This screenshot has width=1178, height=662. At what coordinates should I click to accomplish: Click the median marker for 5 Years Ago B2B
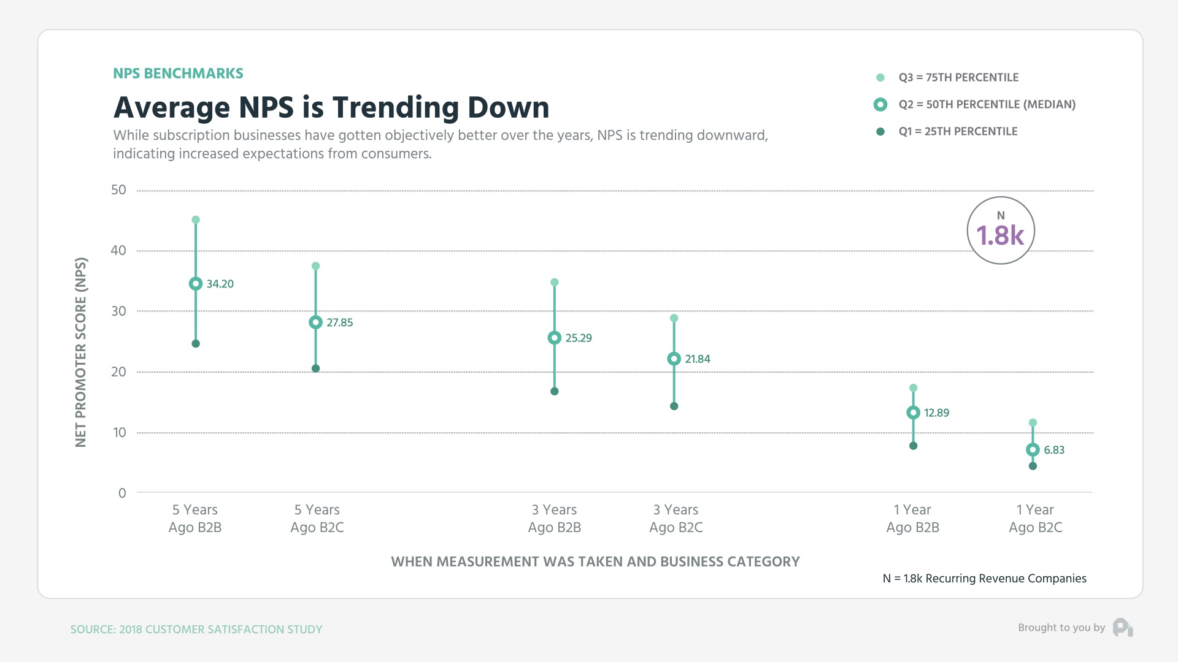pos(196,284)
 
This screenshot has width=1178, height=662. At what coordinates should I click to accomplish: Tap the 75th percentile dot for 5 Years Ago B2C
pos(315,266)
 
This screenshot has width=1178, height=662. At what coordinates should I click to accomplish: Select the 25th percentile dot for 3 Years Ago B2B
pos(554,391)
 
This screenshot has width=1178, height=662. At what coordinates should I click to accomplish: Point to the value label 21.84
pos(697,359)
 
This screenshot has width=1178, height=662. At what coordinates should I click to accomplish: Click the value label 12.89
pos(936,413)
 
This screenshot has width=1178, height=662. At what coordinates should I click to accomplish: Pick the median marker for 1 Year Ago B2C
pos(1033,450)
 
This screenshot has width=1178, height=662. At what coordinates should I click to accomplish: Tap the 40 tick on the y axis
pos(118,250)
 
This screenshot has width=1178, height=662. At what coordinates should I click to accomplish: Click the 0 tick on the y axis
pos(122,493)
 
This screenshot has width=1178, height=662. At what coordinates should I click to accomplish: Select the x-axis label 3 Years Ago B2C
pos(676,519)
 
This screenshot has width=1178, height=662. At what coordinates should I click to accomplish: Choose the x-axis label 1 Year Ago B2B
pos(912,519)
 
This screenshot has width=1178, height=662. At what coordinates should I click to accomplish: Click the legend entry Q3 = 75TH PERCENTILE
pos(958,78)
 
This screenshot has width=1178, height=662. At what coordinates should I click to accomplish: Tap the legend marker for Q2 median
pos(880,105)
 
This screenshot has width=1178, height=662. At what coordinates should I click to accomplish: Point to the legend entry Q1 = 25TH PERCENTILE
pos(957,132)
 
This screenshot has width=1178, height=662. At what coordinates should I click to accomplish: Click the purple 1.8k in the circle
pos(1000,236)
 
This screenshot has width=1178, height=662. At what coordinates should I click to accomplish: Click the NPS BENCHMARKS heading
pos(178,74)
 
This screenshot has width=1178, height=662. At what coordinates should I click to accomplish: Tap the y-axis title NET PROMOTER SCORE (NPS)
pos(81,352)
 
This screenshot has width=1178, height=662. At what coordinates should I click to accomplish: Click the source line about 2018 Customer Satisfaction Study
pos(196,630)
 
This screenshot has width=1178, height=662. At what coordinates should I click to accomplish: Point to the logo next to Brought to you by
pos(1123,628)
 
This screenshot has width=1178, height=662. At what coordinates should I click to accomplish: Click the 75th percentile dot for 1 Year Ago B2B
pos(913,388)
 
